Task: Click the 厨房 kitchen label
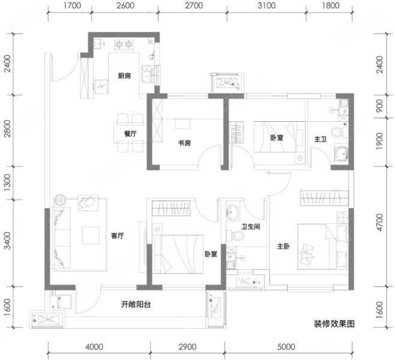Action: click(x=124, y=76)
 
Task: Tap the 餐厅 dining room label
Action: click(x=130, y=133)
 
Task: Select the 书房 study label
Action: click(x=184, y=143)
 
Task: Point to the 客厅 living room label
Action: click(x=118, y=236)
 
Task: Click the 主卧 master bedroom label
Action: click(x=283, y=246)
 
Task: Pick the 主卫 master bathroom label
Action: click(x=321, y=139)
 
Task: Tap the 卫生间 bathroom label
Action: click(x=251, y=227)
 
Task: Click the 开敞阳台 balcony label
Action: click(x=136, y=304)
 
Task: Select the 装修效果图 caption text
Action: click(x=334, y=324)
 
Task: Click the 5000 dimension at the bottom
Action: click(x=286, y=347)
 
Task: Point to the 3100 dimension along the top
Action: click(x=267, y=5)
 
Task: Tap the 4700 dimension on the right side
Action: click(x=379, y=222)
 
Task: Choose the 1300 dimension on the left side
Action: click(x=8, y=182)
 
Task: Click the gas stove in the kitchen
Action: click(x=124, y=44)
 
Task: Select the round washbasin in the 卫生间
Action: click(x=232, y=212)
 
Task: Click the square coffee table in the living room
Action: click(x=91, y=235)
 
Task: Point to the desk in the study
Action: click(x=183, y=124)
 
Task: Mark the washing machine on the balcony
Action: click(x=65, y=302)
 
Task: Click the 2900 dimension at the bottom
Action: click(x=187, y=347)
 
